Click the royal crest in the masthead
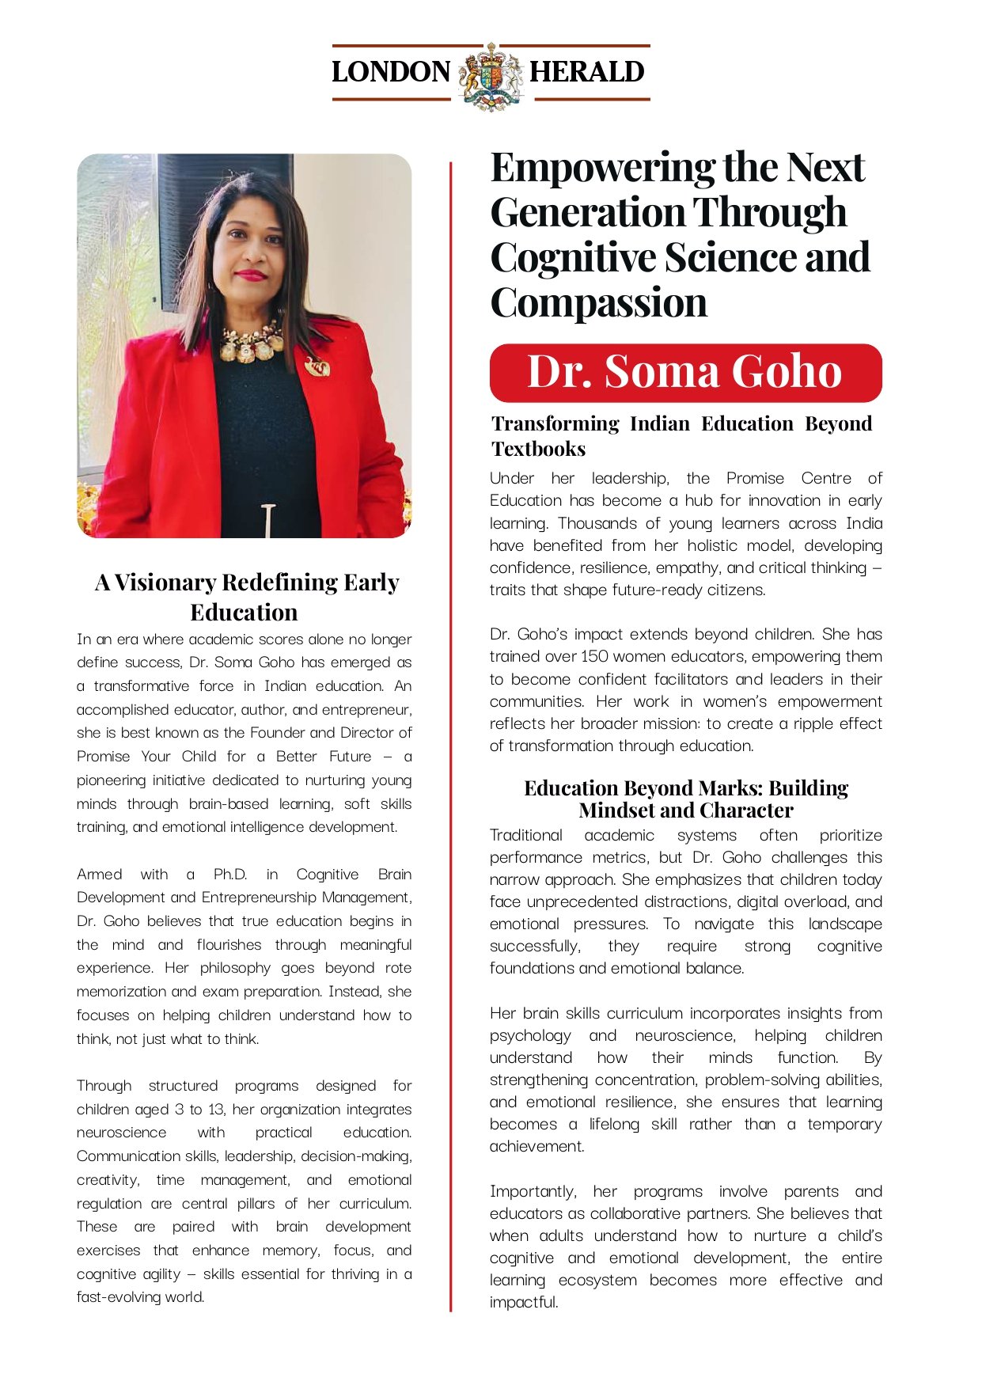[491, 75]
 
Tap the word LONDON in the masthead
[391, 72]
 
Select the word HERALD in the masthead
[587, 72]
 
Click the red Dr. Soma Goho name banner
[685, 372]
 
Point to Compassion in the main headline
[599, 303]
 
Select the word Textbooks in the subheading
[538, 449]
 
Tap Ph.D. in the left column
[229, 874]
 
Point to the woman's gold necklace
[251, 342]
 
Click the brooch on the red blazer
[318, 366]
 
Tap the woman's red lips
[250, 275]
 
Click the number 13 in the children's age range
[215, 1109]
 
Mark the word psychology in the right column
[529, 1035]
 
